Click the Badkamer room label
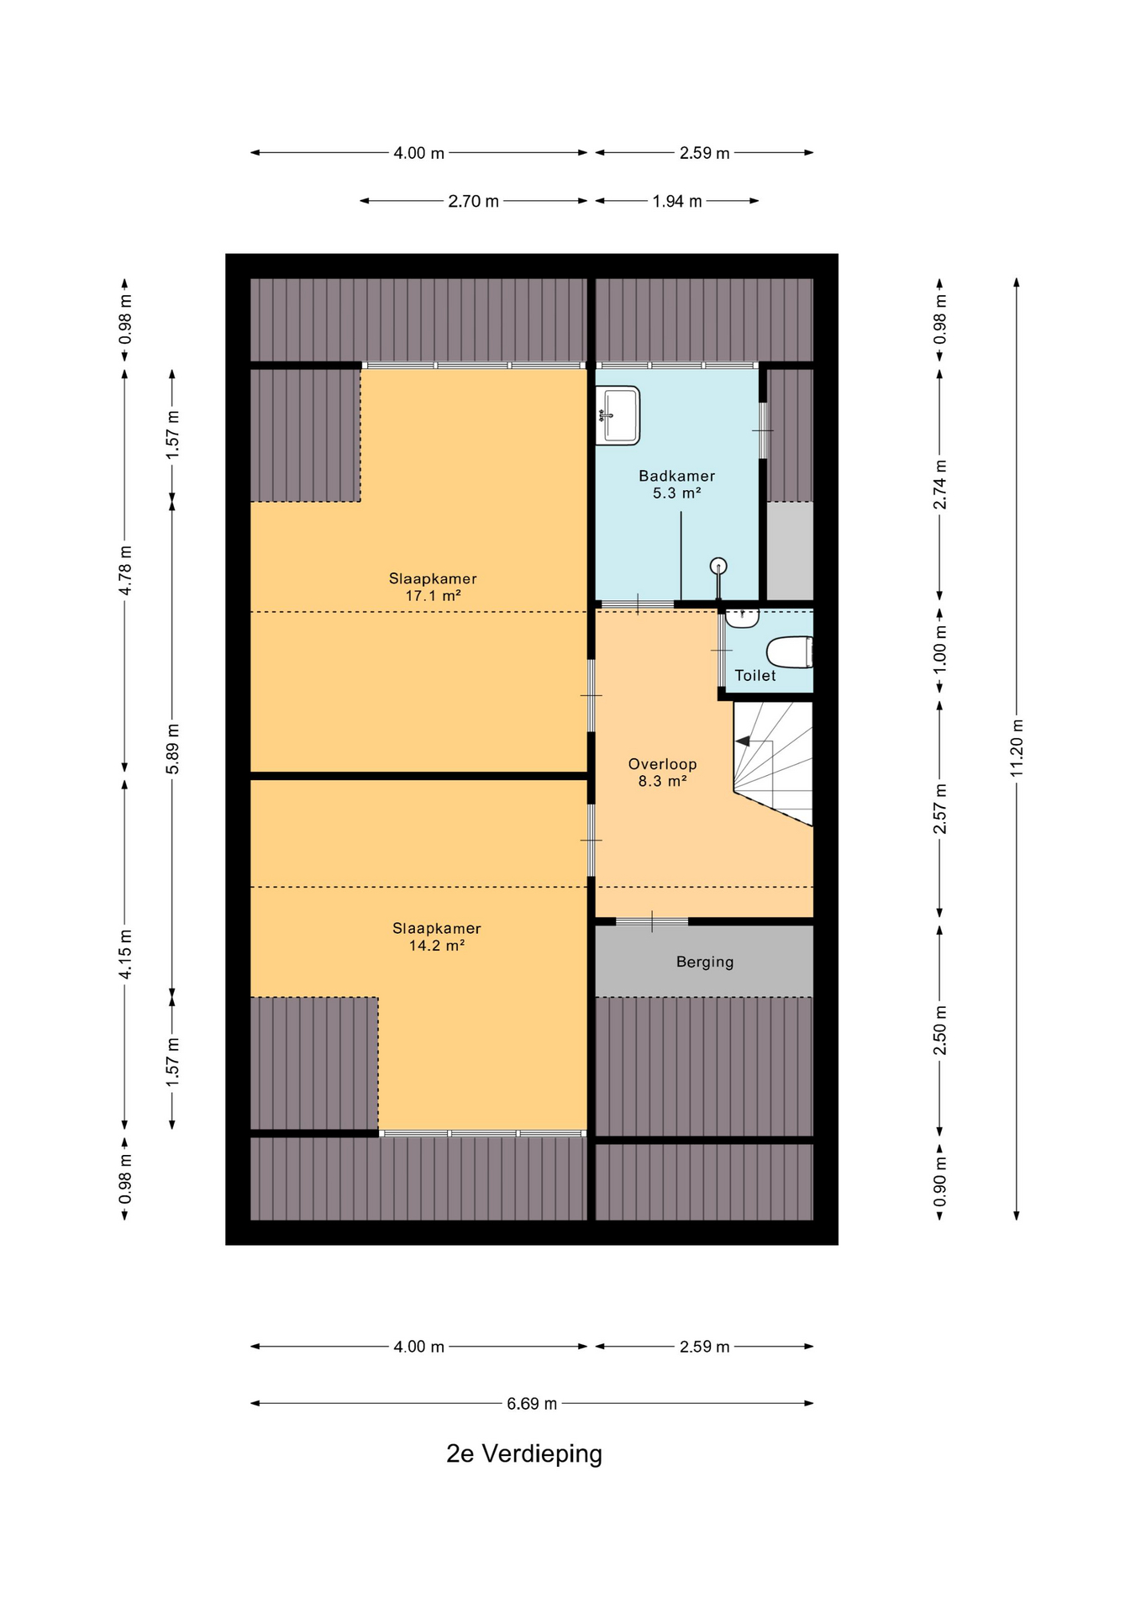tap(676, 476)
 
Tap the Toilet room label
tap(755, 675)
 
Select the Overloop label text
tap(662, 764)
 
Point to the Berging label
tap(705, 962)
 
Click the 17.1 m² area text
tap(433, 596)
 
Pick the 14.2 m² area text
tap(437, 946)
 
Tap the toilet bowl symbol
tap(790, 652)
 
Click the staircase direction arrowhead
tap(743, 741)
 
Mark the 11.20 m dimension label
tap(1017, 748)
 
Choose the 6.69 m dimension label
tap(532, 1403)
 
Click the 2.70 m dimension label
tap(473, 201)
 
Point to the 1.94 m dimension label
tap(677, 201)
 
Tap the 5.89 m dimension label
tap(172, 748)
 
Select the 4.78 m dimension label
tap(125, 570)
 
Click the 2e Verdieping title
tap(524, 1453)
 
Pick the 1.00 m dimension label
tap(940, 647)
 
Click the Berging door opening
tap(652, 922)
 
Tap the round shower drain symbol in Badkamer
tap(718, 566)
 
